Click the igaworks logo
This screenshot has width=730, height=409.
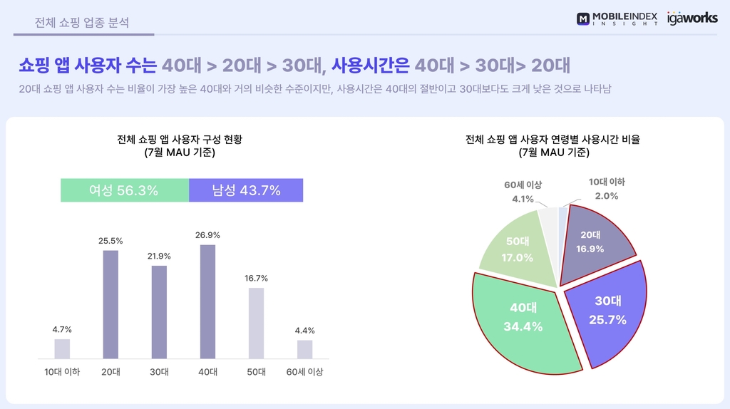(x=692, y=19)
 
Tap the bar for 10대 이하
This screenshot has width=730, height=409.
(x=62, y=348)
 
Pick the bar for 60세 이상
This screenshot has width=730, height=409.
(x=304, y=349)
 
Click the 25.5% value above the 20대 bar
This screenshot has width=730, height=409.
(x=110, y=241)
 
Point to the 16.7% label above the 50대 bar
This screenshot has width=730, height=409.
(x=256, y=278)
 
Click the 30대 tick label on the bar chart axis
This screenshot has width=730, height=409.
(x=159, y=371)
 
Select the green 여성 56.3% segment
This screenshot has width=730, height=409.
(x=124, y=190)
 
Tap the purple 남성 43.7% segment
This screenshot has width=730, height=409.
(x=246, y=190)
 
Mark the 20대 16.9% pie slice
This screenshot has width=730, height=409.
(x=591, y=242)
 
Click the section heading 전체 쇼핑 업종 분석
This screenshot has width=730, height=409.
(x=82, y=22)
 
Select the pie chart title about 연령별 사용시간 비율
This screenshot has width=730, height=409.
(x=553, y=140)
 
